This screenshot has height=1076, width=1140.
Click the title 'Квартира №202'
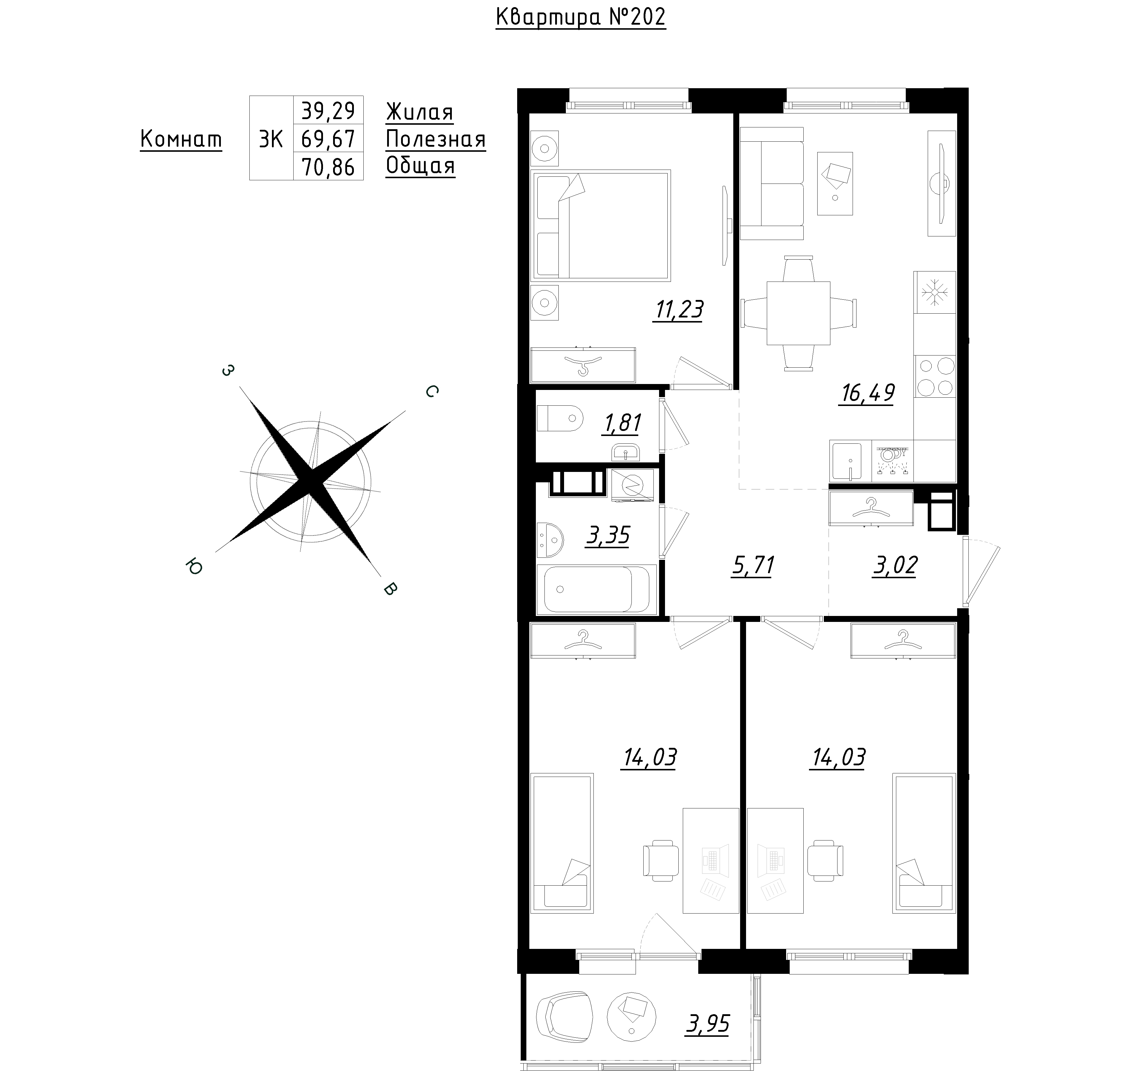(580, 17)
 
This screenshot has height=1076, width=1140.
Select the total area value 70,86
(329, 167)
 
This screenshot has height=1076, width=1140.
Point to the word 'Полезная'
(436, 139)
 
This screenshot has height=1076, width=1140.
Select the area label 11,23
(678, 310)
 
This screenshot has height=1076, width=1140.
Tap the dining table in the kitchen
(798, 313)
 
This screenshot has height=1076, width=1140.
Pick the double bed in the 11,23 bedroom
(601, 225)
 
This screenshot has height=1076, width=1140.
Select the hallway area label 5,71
(752, 566)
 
